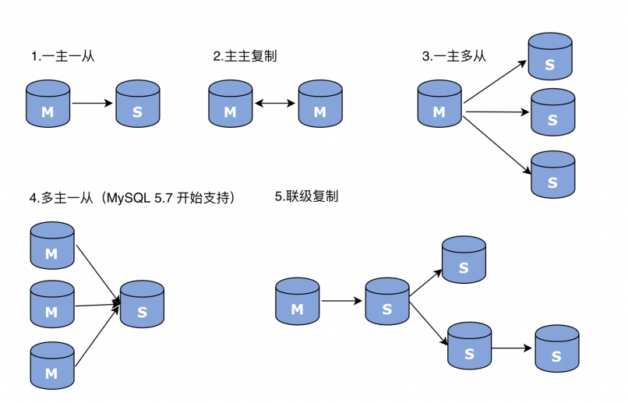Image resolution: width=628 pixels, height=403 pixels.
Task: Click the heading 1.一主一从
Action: (x=62, y=56)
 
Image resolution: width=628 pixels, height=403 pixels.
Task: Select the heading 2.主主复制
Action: (x=245, y=56)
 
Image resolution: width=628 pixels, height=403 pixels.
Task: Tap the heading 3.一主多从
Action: (x=453, y=56)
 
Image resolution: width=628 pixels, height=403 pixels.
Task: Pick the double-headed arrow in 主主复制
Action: (x=275, y=103)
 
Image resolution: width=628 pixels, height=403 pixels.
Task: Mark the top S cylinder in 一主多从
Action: (x=550, y=55)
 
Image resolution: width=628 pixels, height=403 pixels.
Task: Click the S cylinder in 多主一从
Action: (x=142, y=304)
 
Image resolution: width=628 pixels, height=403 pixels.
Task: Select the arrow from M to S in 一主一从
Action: (x=93, y=102)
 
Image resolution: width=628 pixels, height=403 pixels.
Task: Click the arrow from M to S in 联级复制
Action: (x=342, y=301)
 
